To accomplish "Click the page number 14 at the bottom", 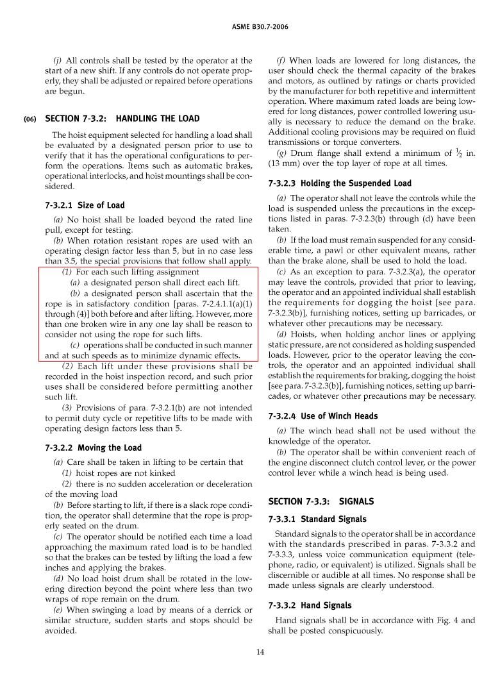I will point(260,653).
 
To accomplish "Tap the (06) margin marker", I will point(30,119).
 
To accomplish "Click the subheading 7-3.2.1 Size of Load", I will point(85,205).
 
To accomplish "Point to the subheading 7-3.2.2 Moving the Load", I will point(93,448).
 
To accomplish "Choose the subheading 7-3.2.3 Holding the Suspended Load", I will point(340,183).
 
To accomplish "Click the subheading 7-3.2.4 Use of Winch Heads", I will point(322,416).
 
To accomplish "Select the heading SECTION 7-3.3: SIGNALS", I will point(321,501).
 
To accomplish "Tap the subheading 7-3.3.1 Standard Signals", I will point(317,519).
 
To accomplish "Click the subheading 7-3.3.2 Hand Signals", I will point(310,605).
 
